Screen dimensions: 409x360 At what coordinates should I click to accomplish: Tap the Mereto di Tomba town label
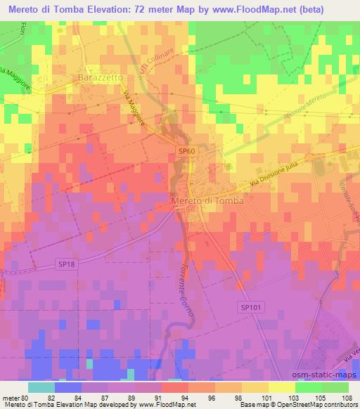[207, 201]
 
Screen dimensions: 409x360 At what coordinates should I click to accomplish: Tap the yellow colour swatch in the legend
[281, 387]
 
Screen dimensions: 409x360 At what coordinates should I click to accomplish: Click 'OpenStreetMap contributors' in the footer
[321, 405]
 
